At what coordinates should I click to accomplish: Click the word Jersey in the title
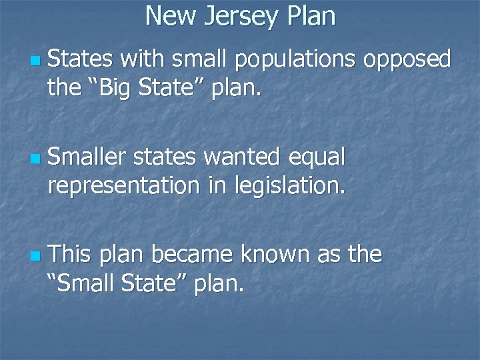(x=242, y=16)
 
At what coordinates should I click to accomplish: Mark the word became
(x=193, y=254)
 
